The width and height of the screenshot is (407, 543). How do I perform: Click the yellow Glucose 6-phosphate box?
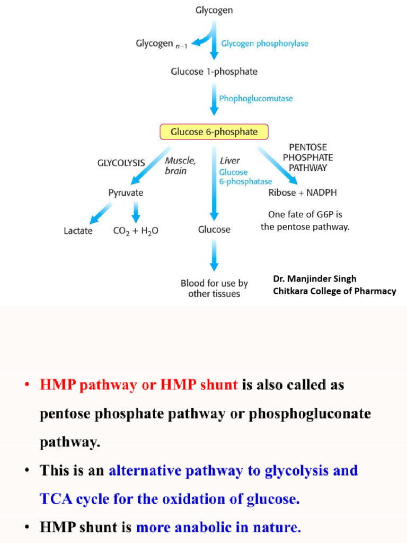click(x=214, y=132)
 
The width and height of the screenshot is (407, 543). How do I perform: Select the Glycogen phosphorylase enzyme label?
click(x=264, y=44)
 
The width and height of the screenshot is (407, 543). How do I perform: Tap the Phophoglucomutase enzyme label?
click(x=255, y=99)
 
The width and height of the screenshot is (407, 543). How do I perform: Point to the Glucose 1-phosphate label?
click(x=214, y=72)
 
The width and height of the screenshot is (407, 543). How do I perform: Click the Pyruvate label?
click(x=126, y=193)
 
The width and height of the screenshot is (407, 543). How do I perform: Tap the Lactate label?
click(x=78, y=231)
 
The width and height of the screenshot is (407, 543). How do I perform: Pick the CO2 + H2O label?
click(x=136, y=231)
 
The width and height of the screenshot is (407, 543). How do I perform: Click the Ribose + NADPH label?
click(x=303, y=193)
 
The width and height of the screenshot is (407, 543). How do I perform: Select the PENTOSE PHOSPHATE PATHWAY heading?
click(x=308, y=157)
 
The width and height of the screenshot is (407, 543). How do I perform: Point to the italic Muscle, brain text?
click(x=180, y=165)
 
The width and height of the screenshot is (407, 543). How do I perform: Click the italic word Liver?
click(x=229, y=160)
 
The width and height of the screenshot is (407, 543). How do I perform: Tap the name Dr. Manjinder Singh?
click(x=314, y=279)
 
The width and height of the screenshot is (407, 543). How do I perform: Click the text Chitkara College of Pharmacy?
click(x=334, y=291)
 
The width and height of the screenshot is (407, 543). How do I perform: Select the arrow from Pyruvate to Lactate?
click(x=101, y=213)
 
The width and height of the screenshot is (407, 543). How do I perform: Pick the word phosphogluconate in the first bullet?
click(x=311, y=414)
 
